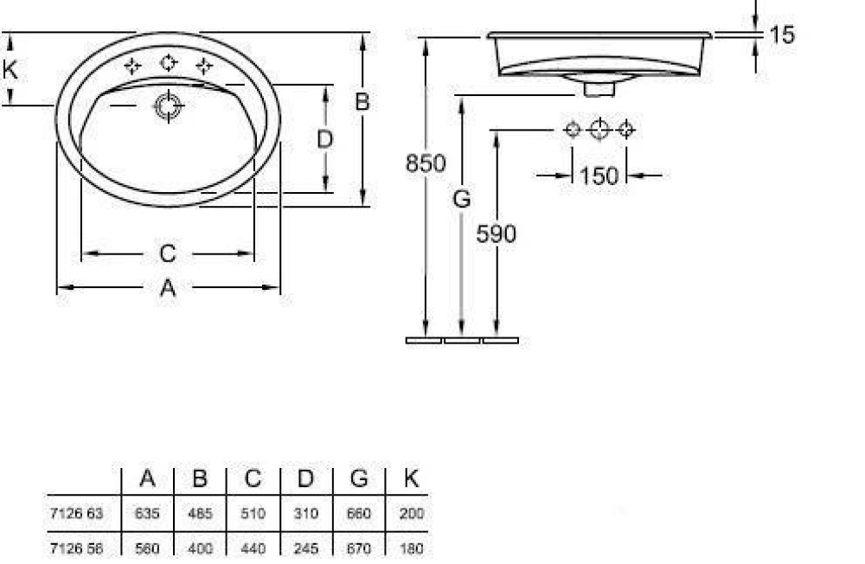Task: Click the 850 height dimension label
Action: coord(426,163)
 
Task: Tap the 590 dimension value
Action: coord(496,234)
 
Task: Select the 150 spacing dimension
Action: coord(599,176)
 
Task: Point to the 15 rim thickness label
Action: coord(782,35)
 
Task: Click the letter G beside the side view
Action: coord(462,199)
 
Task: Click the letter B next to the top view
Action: coord(362,101)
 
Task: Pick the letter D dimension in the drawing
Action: coord(325,139)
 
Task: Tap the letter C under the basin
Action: coord(168,253)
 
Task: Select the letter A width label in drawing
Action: coord(168,287)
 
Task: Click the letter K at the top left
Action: coord(10,69)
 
